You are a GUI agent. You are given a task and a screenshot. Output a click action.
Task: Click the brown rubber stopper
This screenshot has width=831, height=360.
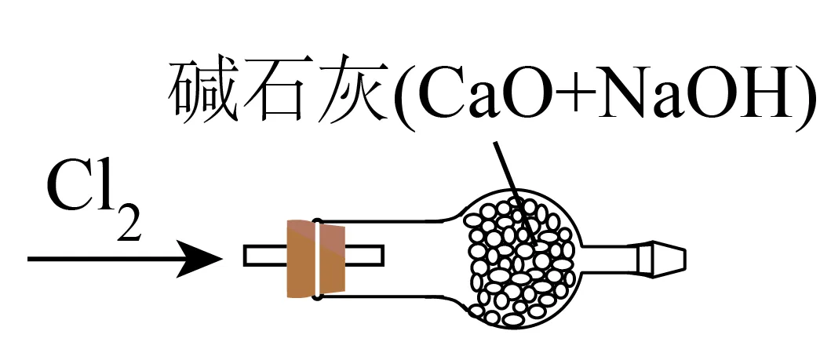click(315, 260)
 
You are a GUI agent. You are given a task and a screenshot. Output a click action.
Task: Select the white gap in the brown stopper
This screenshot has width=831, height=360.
click(315, 260)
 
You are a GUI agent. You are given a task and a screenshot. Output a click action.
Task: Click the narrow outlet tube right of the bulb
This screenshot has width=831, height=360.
click(612, 258)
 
